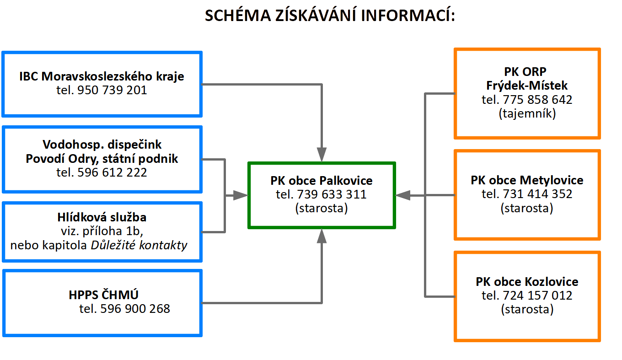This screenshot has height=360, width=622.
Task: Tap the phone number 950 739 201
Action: click(112, 90)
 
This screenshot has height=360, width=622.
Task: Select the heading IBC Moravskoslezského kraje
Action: click(102, 76)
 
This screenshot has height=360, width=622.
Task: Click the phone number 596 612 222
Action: click(112, 172)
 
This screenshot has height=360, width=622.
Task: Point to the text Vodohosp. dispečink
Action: click(102, 145)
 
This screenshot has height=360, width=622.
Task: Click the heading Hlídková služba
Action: click(102, 217)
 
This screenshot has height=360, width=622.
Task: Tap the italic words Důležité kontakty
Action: click(139, 245)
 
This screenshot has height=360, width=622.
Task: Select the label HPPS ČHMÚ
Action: click(103, 295)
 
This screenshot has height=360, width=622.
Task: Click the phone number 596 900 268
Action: click(135, 309)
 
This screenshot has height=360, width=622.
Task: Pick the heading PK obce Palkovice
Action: click(322, 181)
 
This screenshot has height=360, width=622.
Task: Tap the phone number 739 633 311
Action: click(332, 194)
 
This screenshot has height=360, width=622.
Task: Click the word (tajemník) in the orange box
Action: click(527, 113)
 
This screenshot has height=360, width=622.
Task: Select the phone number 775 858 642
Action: click(537, 100)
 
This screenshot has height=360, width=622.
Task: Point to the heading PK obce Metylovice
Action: click(527, 180)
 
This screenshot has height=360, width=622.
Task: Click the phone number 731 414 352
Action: click(537, 194)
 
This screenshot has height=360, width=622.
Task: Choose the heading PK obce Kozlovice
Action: click(527, 282)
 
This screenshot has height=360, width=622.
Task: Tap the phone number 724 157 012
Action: click(537, 296)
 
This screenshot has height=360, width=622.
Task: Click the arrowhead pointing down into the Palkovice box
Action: click(322, 155)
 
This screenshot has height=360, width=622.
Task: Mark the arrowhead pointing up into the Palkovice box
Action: click(322, 236)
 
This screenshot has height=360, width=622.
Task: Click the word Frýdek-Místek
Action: click(527, 86)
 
